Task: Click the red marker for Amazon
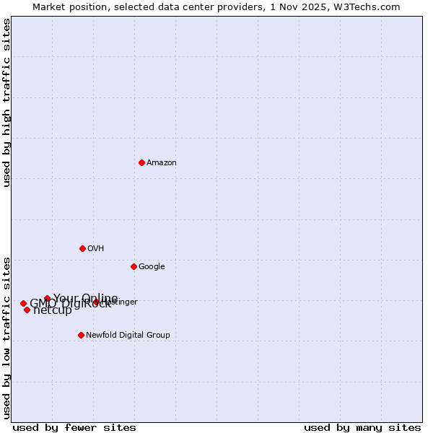click(141, 162)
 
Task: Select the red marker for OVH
click(82, 248)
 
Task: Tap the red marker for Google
click(134, 266)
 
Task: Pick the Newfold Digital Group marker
click(81, 335)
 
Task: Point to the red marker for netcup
click(27, 310)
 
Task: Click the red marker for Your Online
click(47, 298)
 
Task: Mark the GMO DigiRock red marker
click(23, 304)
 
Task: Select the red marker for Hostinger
click(96, 302)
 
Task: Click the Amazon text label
click(162, 163)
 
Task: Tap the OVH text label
click(96, 249)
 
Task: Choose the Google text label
click(152, 267)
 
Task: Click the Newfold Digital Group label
click(128, 336)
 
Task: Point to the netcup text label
click(53, 311)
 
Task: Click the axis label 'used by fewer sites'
click(74, 427)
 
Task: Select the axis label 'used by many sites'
click(362, 427)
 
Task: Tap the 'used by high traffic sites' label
click(7, 102)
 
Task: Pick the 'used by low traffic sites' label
click(7, 338)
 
